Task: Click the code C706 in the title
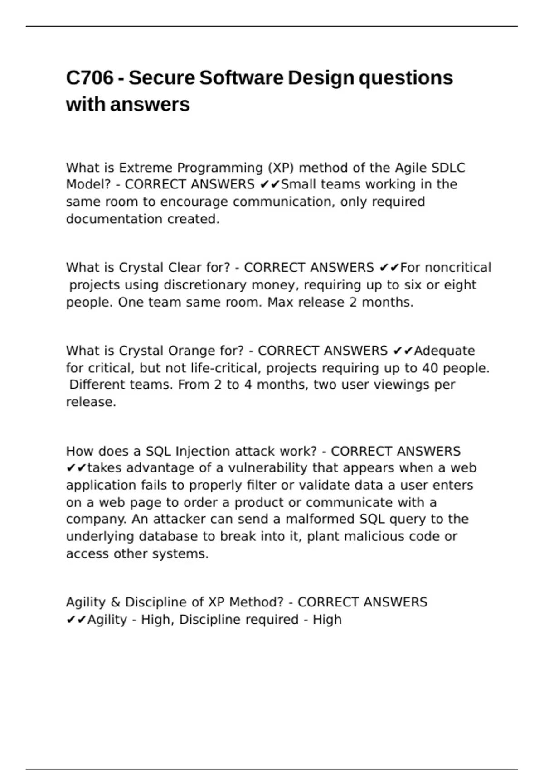click(x=90, y=78)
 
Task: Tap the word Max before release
click(x=280, y=302)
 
